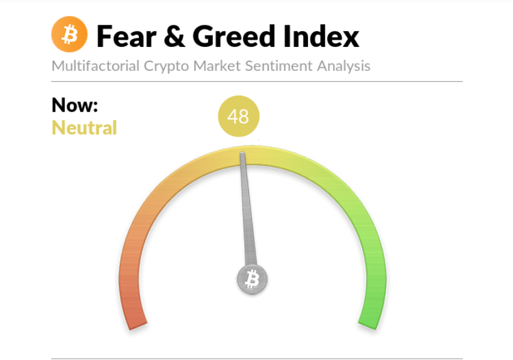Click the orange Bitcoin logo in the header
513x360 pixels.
coord(69,34)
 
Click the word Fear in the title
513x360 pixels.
coord(126,37)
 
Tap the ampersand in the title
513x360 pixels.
coord(174,36)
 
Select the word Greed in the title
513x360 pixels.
coord(233,36)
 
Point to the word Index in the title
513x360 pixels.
coord(321,36)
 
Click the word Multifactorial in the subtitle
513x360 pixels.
coord(96,66)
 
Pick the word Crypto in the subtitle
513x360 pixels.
coord(166,66)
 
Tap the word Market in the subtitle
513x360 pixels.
coord(217,66)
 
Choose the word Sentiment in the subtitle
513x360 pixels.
coord(278,66)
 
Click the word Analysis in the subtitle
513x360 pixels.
coord(343,66)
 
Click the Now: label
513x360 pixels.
coord(75,105)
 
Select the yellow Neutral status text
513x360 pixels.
coord(84,127)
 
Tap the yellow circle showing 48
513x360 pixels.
coord(239,116)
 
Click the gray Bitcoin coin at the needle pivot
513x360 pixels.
coord(252,279)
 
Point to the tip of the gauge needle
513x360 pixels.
coord(242,153)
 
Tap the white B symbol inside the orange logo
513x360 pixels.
coord(70,35)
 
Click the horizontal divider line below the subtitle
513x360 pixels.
coord(257,81)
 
